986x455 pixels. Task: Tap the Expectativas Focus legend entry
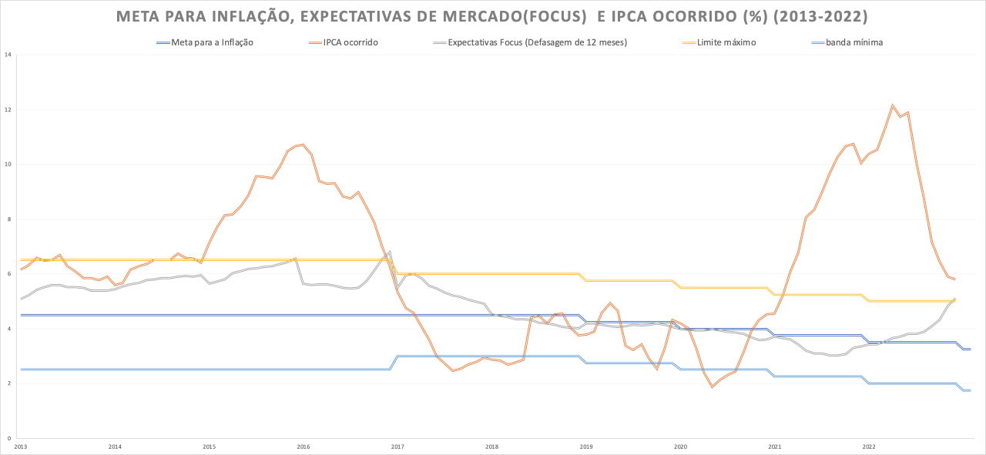pos(537,42)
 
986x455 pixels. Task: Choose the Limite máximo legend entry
pos(726,42)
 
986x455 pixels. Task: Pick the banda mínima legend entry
pos(854,42)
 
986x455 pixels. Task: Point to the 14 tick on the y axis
pos(7,55)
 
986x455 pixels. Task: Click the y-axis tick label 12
pos(7,109)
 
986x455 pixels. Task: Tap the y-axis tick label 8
pos(8,219)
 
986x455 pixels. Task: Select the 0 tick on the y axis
pos(8,438)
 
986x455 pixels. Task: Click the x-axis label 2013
pos(21,447)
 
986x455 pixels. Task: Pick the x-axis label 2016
pos(304,447)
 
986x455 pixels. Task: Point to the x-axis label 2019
pos(586,447)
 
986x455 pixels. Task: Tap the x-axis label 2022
pos(869,447)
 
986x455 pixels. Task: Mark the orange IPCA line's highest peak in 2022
pos(892,105)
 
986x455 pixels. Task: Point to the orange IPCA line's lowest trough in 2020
pos(712,386)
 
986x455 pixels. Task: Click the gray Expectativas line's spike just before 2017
pos(390,251)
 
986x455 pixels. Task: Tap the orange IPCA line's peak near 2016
pos(304,144)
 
